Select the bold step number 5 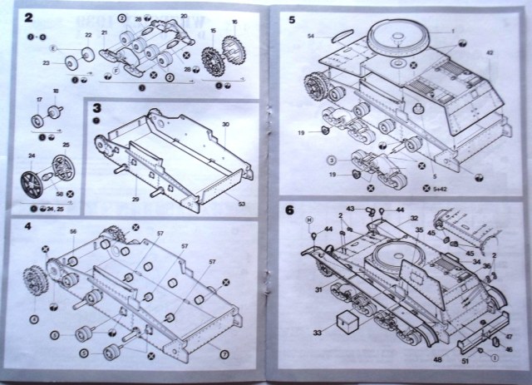coord(293,17)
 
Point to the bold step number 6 coord(292,210)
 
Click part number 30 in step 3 coord(224,125)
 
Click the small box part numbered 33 coord(345,323)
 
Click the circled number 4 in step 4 coord(33,318)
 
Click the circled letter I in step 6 coord(494,358)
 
